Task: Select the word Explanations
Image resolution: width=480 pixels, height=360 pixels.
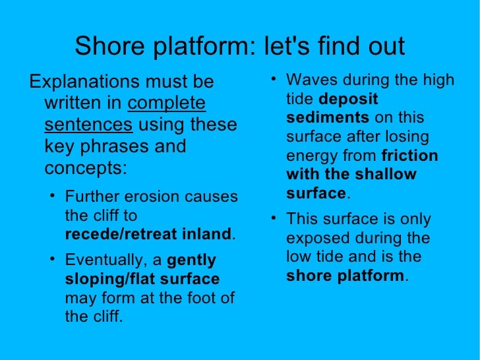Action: pyautogui.click(x=84, y=82)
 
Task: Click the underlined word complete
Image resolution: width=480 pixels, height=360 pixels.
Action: pyautogui.click(x=166, y=104)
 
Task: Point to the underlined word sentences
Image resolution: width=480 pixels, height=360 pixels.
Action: pyautogui.click(x=89, y=125)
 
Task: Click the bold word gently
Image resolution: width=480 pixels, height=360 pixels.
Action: pyautogui.click(x=192, y=260)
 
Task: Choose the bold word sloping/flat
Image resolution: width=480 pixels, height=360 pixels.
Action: pyautogui.click(x=108, y=279)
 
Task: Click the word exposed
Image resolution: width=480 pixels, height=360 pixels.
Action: pyautogui.click(x=313, y=238)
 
